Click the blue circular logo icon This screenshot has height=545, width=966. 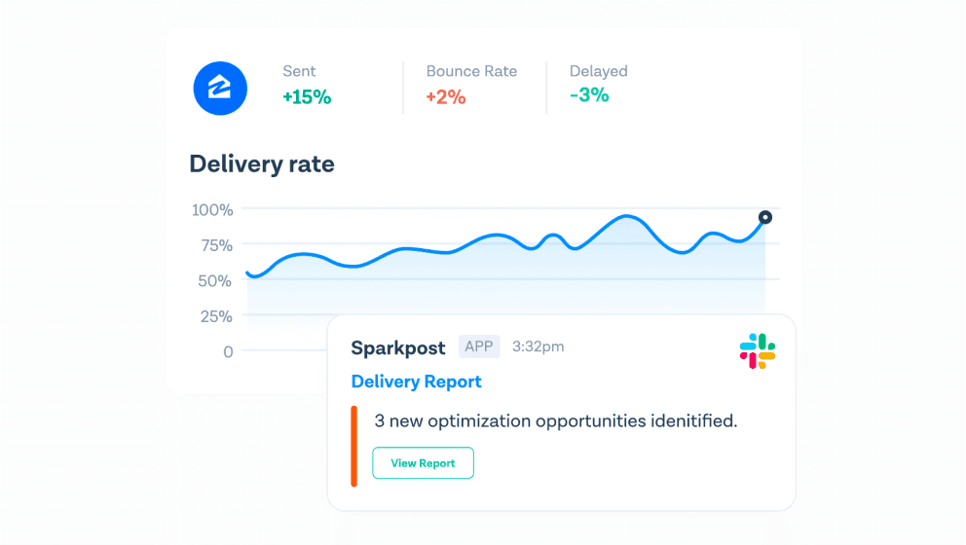220,88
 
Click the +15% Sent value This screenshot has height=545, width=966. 307,97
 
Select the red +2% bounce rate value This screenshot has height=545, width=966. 445,97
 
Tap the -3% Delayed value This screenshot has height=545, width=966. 589,94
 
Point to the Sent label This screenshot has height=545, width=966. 299,71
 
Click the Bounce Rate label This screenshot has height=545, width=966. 471,71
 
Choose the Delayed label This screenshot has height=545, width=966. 598,71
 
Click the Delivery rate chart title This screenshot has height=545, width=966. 262,163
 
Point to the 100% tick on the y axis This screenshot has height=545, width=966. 212,210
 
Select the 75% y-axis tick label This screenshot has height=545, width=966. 216,245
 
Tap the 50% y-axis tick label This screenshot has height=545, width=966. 214,281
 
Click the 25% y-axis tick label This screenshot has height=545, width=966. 215,316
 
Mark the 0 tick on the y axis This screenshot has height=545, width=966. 228,351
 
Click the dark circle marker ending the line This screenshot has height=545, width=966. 765,217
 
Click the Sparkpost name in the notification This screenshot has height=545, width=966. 398,348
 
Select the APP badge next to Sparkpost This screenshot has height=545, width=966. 479,346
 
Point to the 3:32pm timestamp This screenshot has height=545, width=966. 538,346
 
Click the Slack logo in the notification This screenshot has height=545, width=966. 758,351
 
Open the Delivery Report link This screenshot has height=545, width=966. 416,381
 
